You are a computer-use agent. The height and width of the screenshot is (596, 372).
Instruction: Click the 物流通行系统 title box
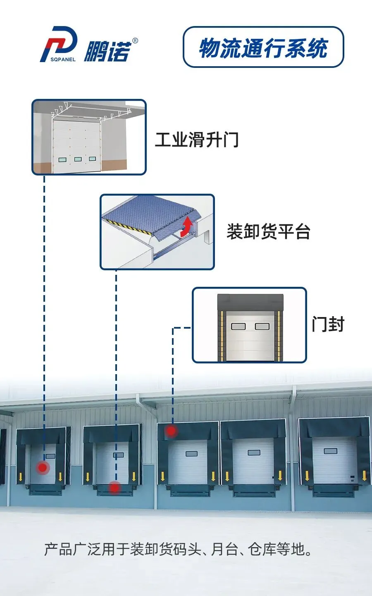pyautogui.click(x=263, y=47)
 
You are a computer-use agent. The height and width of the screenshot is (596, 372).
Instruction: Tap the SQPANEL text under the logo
pyautogui.click(x=63, y=59)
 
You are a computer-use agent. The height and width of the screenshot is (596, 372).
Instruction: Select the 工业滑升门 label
pyautogui.click(x=197, y=139)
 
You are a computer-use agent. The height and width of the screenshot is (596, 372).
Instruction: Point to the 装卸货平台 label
pyautogui.click(x=268, y=231)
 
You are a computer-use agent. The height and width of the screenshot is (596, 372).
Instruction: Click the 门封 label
pyautogui.click(x=328, y=324)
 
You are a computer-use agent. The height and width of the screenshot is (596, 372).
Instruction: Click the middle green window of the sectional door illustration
pyautogui.click(x=78, y=159)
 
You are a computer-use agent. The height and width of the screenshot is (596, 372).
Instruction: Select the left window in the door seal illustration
pyautogui.click(x=238, y=327)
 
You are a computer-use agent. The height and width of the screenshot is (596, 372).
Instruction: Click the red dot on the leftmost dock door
pyautogui.click(x=43, y=468)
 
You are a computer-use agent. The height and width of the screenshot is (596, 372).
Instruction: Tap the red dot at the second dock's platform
pyautogui.click(x=114, y=488)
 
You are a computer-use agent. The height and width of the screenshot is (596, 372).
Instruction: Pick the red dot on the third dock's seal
pyautogui.click(x=171, y=431)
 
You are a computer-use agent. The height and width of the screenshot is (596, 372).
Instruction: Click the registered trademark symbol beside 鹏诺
pyautogui.click(x=135, y=41)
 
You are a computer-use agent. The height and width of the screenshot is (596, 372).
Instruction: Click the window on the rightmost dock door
pyautogui.click(x=330, y=451)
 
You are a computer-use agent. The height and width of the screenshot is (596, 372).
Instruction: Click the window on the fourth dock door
pyautogui.click(x=254, y=453)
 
